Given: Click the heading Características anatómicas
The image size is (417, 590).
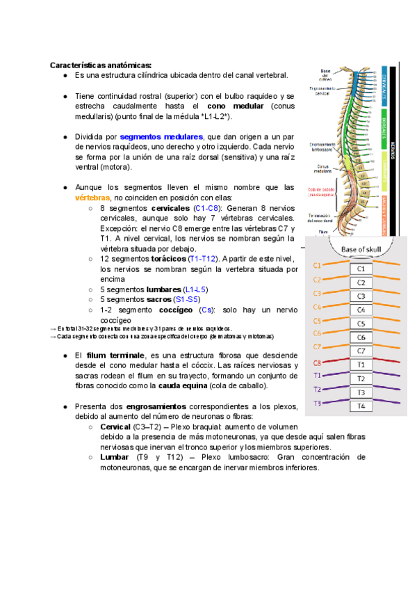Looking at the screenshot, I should tap(100, 65).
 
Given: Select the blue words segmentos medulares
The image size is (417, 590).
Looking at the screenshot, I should tap(161, 137).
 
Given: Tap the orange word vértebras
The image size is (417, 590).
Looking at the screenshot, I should tap(92, 197).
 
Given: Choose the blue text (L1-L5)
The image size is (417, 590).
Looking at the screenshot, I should tap(195, 289).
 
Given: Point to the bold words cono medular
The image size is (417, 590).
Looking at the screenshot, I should tap(236, 106).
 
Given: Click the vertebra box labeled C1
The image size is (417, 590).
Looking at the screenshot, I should tap(360, 269).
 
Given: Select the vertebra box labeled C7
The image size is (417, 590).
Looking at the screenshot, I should tap(360, 351).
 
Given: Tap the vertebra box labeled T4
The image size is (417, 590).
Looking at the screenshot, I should tap(360, 406).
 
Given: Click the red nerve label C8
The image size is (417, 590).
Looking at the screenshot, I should tap(317, 362).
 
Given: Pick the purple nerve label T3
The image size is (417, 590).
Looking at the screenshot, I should tap(317, 404).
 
